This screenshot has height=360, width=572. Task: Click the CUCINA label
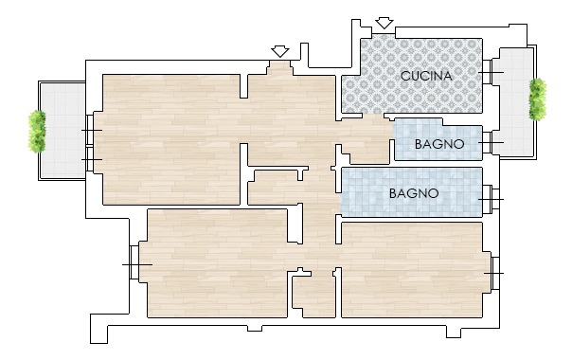click(426, 76)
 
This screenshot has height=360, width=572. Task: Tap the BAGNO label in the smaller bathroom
click(439, 144)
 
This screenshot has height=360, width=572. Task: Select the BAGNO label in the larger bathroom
click(414, 193)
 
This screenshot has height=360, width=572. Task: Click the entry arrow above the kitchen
click(384, 23)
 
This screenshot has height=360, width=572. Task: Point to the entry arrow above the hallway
click(280, 51)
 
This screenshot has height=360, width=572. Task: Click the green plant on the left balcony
click(37, 132)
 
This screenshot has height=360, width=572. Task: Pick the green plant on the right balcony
click(538, 99)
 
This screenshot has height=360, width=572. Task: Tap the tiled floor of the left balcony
click(63, 131)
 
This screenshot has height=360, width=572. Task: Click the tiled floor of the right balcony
click(514, 102)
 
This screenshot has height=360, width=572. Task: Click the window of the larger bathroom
click(491, 199)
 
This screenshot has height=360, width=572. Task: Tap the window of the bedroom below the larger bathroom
click(494, 273)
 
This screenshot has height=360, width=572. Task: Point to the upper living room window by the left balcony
click(92, 130)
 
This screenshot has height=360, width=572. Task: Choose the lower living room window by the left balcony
click(92, 159)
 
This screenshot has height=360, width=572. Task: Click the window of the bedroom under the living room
click(136, 264)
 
